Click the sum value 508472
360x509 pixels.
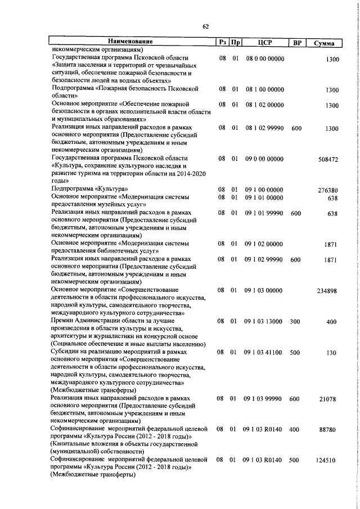[327, 160]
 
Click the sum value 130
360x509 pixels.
[331, 353]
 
